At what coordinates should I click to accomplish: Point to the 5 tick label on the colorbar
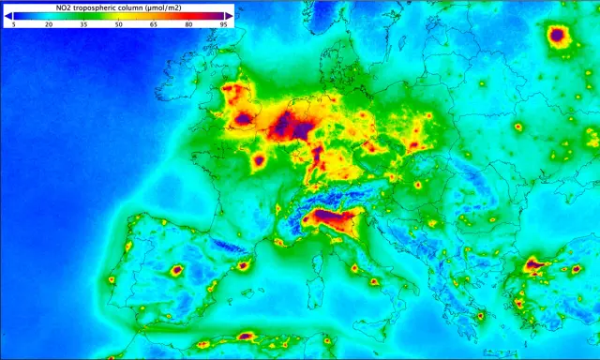coord(13,26)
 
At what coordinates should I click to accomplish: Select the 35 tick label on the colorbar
coord(82,26)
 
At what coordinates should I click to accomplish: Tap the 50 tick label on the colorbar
coord(118,26)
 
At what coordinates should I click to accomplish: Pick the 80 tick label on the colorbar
coord(188,26)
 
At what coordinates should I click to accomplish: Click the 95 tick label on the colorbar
coord(223,26)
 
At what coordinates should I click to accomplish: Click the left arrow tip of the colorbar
coord(7,16)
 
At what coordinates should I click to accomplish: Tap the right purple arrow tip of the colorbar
coord(230,16)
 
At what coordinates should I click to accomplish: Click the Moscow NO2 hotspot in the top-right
coord(560,37)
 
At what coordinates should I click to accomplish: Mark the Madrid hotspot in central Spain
coord(175,271)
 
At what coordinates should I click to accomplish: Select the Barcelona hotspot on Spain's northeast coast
coord(244,265)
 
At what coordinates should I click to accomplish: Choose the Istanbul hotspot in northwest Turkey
coord(535,265)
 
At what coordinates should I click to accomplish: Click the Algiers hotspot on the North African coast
coord(247,335)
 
